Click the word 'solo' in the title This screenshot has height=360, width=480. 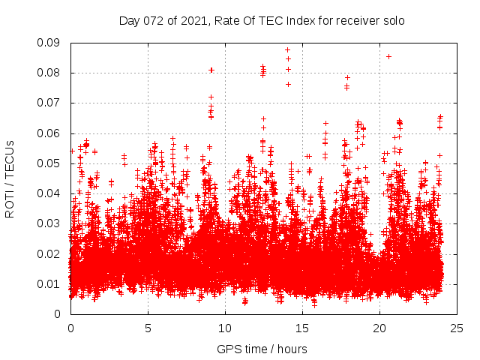tap(393, 20)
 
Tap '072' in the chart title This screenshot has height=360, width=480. tap(152, 20)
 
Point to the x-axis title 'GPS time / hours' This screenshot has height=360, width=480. tap(262, 349)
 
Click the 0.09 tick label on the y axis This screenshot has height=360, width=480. tap(52, 43)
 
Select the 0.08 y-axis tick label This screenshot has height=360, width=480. tap(52, 73)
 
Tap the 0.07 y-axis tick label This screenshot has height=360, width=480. tap(52, 103)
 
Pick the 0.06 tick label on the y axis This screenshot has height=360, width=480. tap(52, 133)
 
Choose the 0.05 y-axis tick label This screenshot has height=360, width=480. tap(52, 163)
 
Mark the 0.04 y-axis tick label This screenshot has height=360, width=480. tap(52, 193)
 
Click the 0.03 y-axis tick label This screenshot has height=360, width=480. tap(52, 223)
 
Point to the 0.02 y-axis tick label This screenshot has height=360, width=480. tap(52, 253)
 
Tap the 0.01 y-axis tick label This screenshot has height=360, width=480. tap(52, 283)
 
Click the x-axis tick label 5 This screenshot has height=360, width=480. tap(148, 328)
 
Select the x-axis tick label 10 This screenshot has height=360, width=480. tap(225, 328)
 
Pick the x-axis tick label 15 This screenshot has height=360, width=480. tap(302, 328)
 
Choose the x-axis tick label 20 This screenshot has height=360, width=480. tap(379, 328)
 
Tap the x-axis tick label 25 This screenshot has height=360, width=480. tap(457, 328)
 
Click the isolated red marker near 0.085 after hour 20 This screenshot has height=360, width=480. tap(388, 56)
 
